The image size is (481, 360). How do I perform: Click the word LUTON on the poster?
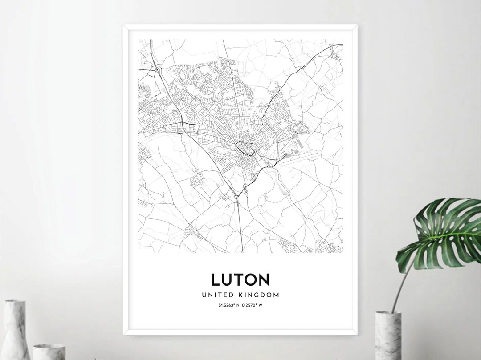(x=240, y=279)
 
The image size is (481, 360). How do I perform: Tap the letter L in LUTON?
(x=216, y=279)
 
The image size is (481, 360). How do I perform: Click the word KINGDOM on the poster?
(x=260, y=295)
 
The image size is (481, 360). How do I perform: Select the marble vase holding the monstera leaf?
(x=388, y=336)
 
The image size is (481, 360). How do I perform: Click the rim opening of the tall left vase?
(x=14, y=302)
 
